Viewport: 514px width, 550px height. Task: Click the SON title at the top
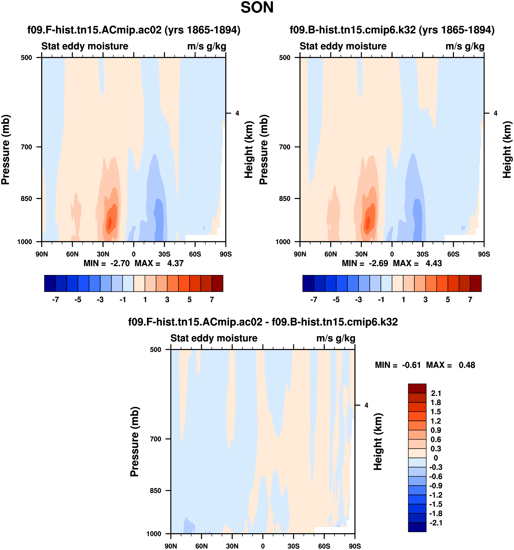click(x=257, y=8)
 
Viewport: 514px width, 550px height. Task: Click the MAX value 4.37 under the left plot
click(x=175, y=263)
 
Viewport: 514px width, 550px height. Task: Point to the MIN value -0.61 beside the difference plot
click(x=411, y=365)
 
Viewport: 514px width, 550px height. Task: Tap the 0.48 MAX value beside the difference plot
click(x=467, y=365)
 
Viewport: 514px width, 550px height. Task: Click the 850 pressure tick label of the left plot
click(x=27, y=199)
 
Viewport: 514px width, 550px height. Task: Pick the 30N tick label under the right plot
click(x=361, y=254)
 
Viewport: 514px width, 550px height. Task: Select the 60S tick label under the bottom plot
click(x=324, y=546)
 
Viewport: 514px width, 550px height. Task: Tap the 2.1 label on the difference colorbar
click(x=436, y=393)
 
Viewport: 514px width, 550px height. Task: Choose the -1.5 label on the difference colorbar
click(x=436, y=504)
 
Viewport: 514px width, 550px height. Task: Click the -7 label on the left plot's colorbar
click(x=55, y=300)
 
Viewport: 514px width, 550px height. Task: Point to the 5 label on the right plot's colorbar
click(x=448, y=300)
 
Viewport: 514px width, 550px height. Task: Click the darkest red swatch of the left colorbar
click(x=217, y=283)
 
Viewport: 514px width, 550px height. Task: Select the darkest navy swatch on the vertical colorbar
click(x=417, y=527)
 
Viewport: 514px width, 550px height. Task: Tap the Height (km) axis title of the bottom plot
click(x=378, y=442)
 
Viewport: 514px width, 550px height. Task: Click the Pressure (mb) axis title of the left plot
click(x=5, y=149)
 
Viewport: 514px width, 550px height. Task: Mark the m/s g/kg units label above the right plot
click(x=465, y=46)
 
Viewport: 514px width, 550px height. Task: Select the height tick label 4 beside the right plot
click(x=495, y=113)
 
